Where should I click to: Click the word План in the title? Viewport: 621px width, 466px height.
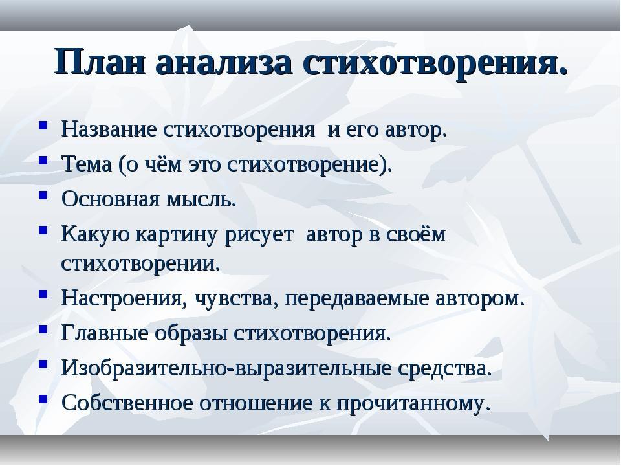[100, 62]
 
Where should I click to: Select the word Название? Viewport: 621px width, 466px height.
[109, 129]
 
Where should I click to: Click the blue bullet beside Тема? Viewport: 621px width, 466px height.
[43, 160]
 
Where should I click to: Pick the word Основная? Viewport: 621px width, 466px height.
[111, 199]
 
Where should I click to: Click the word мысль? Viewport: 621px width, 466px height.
[201, 199]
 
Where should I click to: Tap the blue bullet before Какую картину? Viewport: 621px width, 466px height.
[43, 230]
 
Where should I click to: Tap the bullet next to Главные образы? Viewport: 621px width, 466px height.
[43, 329]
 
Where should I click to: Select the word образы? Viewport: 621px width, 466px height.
[191, 333]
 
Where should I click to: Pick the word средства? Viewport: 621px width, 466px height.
[445, 369]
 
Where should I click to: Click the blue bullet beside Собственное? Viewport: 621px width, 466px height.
[43, 399]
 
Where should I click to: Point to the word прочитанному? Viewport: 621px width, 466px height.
[414, 404]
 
